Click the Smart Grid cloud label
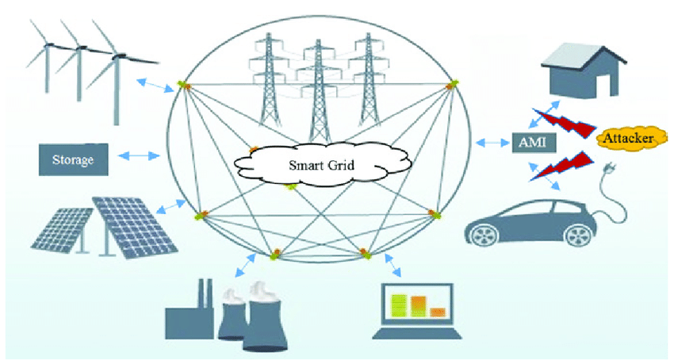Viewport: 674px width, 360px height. coord(316,167)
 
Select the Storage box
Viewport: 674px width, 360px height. coord(71,160)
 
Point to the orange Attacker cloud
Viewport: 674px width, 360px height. coord(627,140)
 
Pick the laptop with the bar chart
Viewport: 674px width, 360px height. coord(418,311)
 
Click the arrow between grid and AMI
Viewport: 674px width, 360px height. coord(493,143)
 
